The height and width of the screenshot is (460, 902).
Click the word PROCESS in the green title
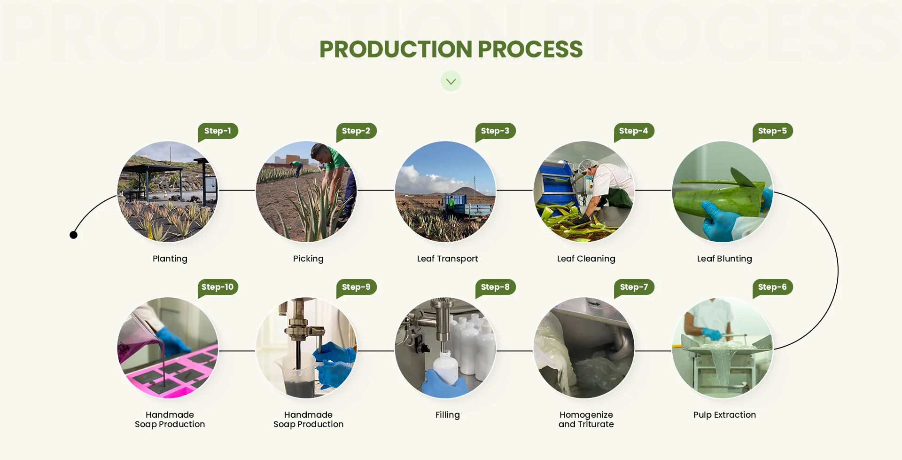point(530,49)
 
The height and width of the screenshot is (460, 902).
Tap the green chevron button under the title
point(451,81)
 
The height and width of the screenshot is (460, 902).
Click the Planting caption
point(170,259)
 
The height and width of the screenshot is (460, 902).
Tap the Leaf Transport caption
point(447,259)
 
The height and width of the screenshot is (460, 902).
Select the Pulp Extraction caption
point(724,415)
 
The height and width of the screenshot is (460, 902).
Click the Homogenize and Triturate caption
point(586,420)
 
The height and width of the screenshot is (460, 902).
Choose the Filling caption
point(447,415)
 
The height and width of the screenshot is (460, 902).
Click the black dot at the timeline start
point(73,235)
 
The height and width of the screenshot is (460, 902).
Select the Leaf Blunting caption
point(724,259)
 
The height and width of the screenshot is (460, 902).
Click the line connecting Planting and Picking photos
point(237,190)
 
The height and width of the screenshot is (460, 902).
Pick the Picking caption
point(308,259)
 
